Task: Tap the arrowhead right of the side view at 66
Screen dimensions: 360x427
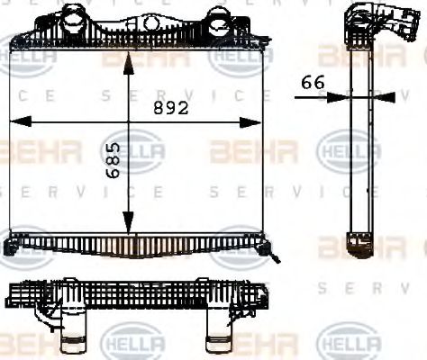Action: click(x=386, y=94)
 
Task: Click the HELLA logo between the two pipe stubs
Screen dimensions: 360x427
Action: click(x=132, y=344)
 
